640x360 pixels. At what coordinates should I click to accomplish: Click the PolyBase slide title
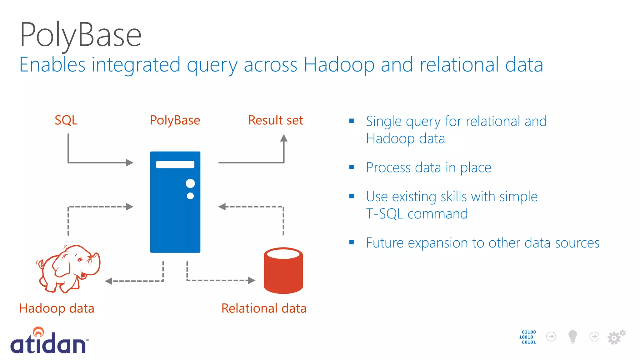[81, 35]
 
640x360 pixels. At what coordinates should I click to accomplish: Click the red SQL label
[66, 120]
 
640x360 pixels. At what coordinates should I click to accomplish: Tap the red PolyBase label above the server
[175, 120]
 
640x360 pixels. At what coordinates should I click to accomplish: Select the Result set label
[275, 120]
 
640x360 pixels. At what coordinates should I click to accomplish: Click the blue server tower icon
[175, 219]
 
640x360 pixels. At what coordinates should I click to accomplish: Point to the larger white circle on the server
[190, 183]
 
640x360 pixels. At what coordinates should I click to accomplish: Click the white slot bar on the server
[175, 165]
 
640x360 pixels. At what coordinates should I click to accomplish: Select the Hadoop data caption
[57, 308]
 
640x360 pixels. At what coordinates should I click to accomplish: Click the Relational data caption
[264, 308]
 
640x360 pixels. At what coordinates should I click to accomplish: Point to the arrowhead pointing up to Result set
[283, 138]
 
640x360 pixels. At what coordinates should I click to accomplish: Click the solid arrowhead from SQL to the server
[129, 162]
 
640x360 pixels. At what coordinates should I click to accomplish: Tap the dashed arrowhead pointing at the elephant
[109, 281]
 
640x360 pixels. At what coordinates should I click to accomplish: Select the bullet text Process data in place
[428, 168]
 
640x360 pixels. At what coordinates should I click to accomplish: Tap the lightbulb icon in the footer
[572, 337]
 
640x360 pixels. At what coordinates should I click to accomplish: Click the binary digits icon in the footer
[528, 337]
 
